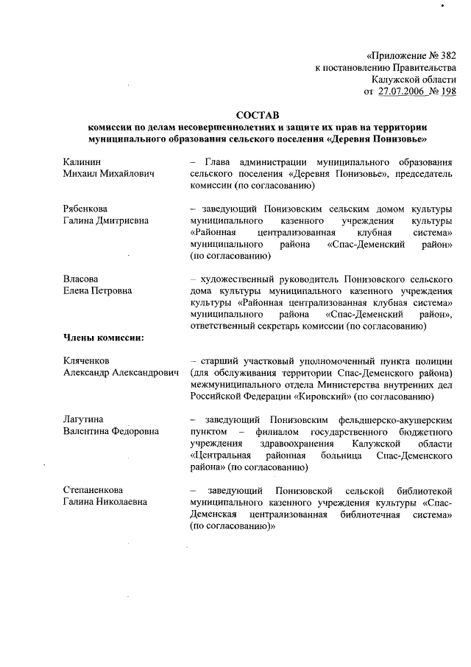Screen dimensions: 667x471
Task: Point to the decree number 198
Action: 448,91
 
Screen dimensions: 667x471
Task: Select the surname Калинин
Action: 82,161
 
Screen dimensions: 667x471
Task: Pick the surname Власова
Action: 81,279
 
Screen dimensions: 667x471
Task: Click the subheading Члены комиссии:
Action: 103,338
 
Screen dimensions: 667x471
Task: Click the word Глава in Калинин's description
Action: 219,161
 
